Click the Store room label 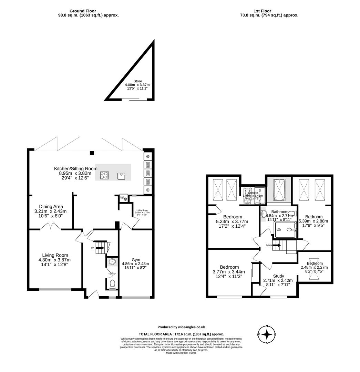tap(137, 81)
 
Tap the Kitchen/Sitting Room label tap(75, 168)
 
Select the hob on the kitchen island tap(104, 176)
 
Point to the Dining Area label tap(51, 207)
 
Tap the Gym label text tap(135, 259)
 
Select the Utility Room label tap(142, 210)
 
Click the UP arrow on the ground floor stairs tap(100, 247)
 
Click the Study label tap(278, 276)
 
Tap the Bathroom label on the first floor tap(279, 212)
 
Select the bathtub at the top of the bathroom tap(278, 190)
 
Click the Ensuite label tap(253, 193)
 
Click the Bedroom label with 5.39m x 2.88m tap(313, 217)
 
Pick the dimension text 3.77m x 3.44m tap(229, 272)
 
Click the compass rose tap(267, 334)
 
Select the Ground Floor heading tap(82, 11)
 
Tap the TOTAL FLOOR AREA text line tap(181, 334)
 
